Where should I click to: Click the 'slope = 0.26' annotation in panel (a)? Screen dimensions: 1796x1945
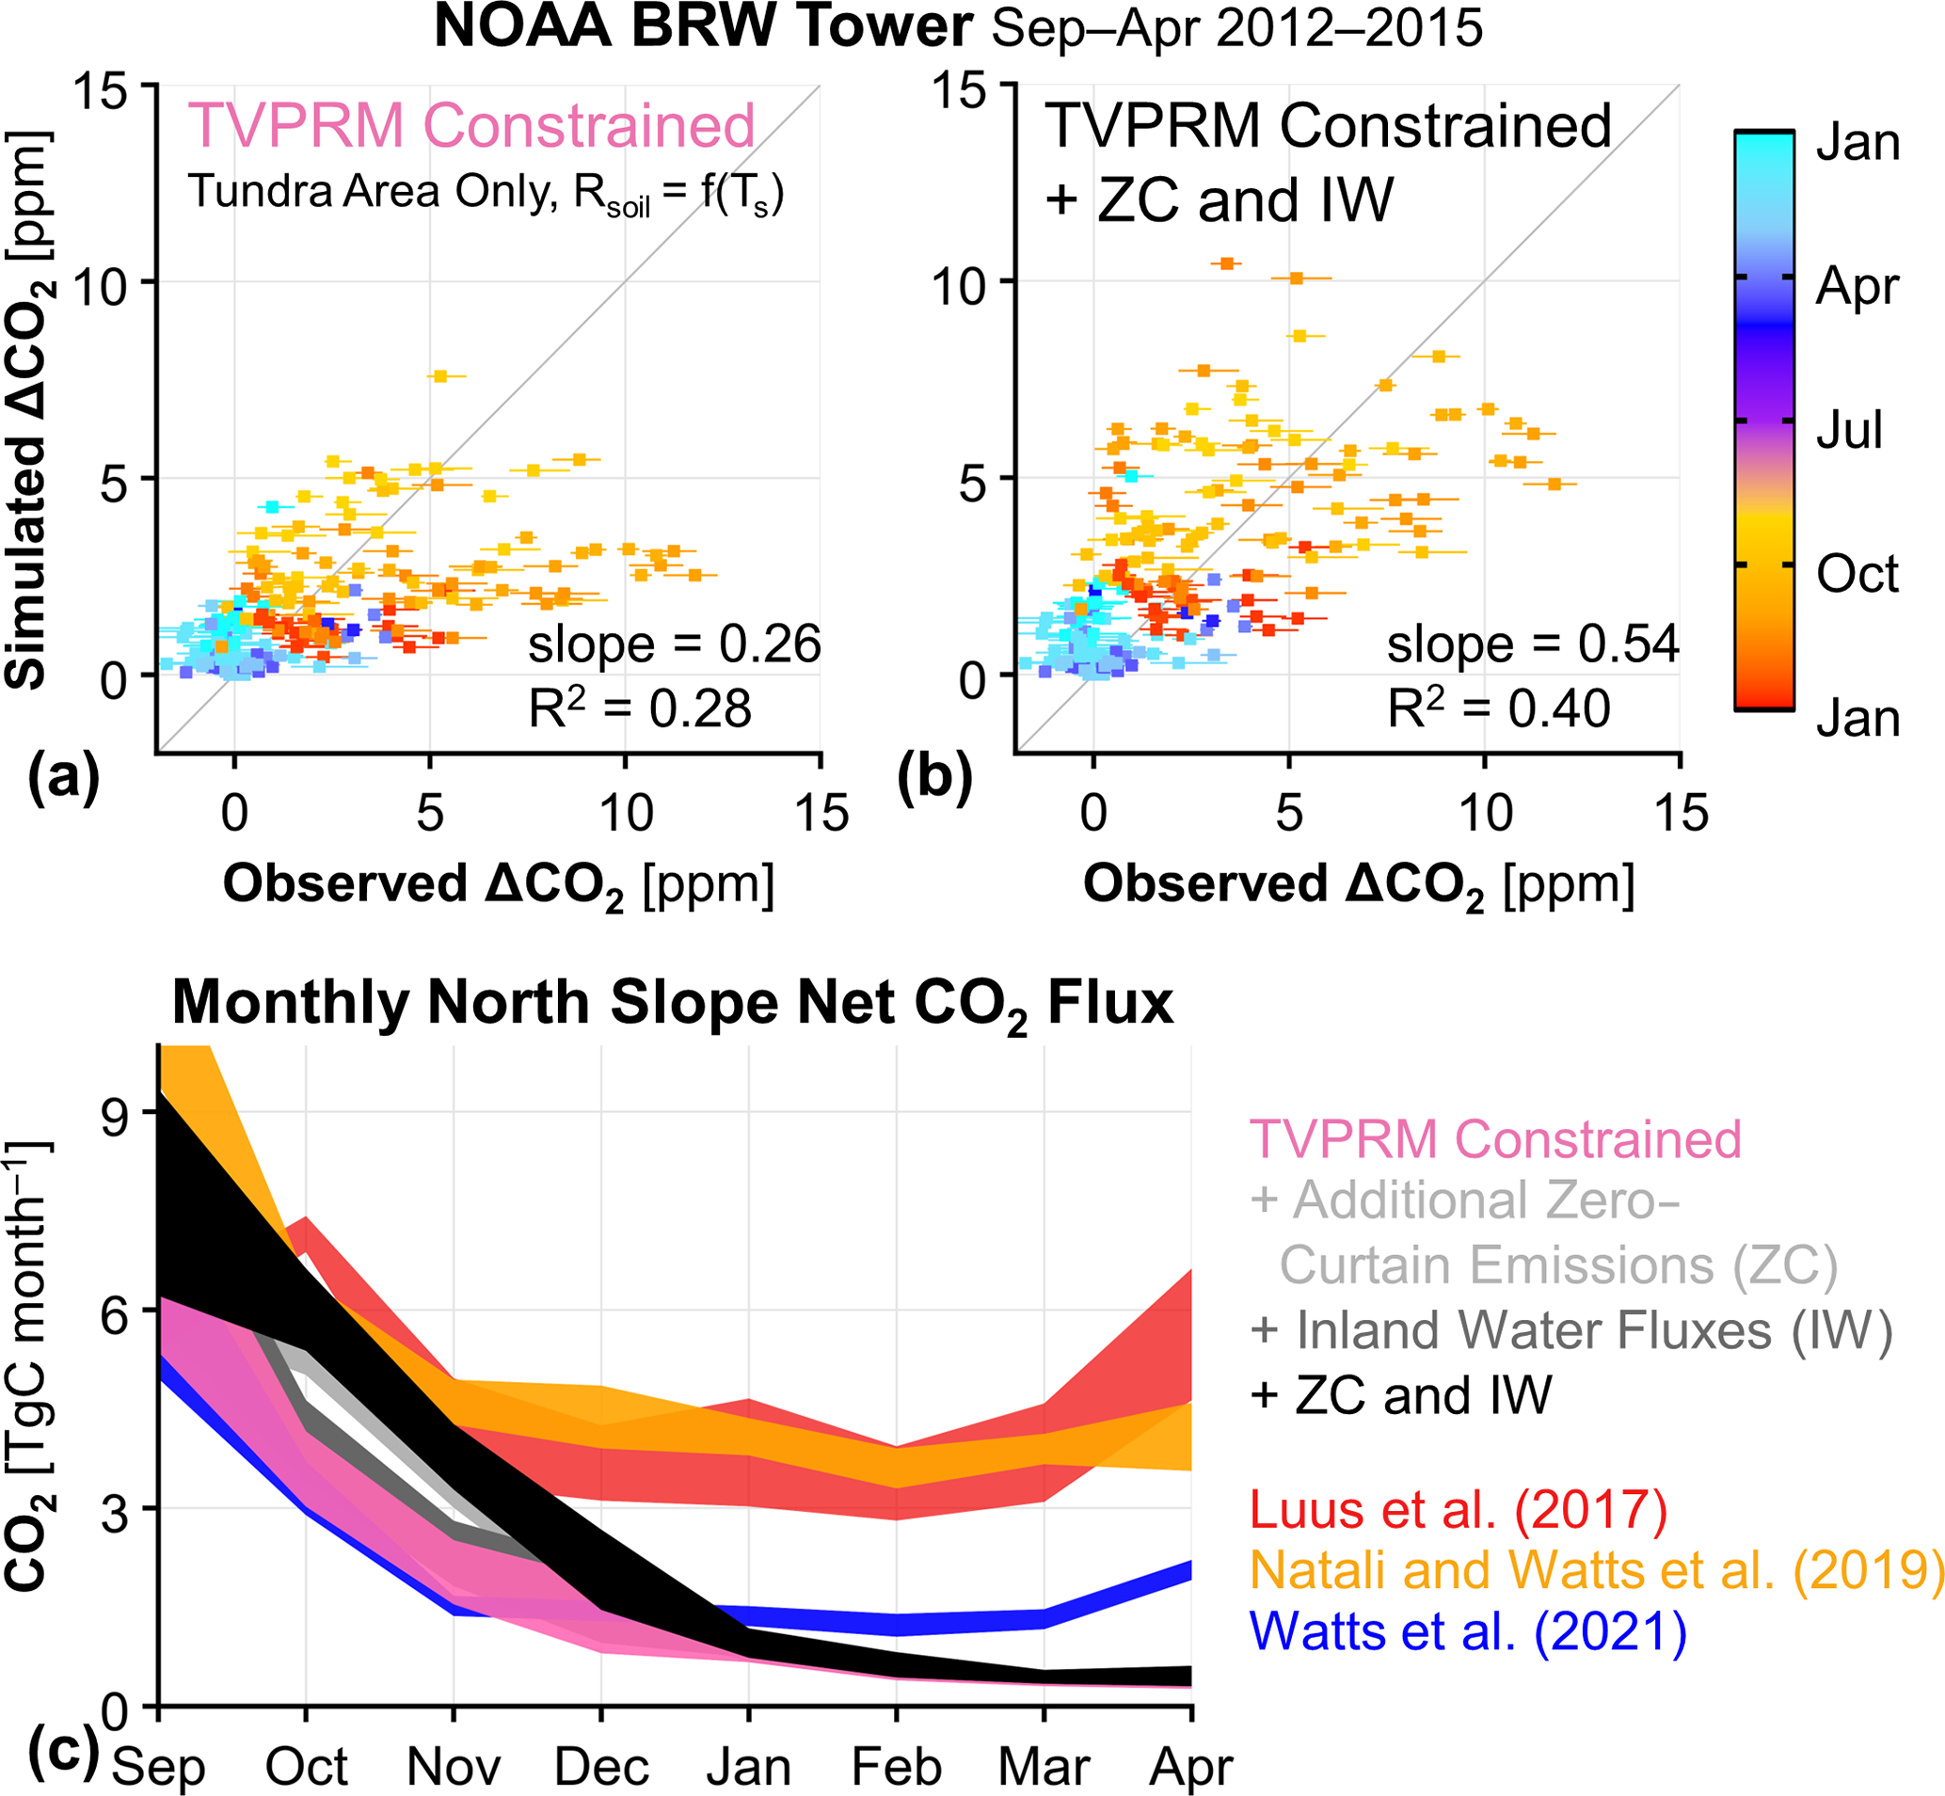(674, 644)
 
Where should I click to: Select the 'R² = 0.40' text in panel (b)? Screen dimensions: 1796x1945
(1498, 708)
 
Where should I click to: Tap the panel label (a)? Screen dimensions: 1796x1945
(64, 778)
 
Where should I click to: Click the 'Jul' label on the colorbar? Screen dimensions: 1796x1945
(1850, 430)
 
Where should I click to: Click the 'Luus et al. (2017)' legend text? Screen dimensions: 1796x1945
(1458, 1510)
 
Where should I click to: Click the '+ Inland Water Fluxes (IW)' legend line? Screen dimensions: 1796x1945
(1570, 1330)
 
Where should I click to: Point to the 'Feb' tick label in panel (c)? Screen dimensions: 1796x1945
(896, 1767)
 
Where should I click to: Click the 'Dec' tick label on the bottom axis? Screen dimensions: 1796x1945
(601, 1767)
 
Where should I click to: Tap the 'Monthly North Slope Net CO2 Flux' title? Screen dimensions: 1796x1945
(673, 1003)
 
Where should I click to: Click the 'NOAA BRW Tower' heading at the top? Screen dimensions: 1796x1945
(702, 27)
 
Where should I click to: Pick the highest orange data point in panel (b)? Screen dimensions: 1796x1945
(1227, 263)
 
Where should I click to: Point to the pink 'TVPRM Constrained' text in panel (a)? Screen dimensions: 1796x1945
(470, 125)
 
